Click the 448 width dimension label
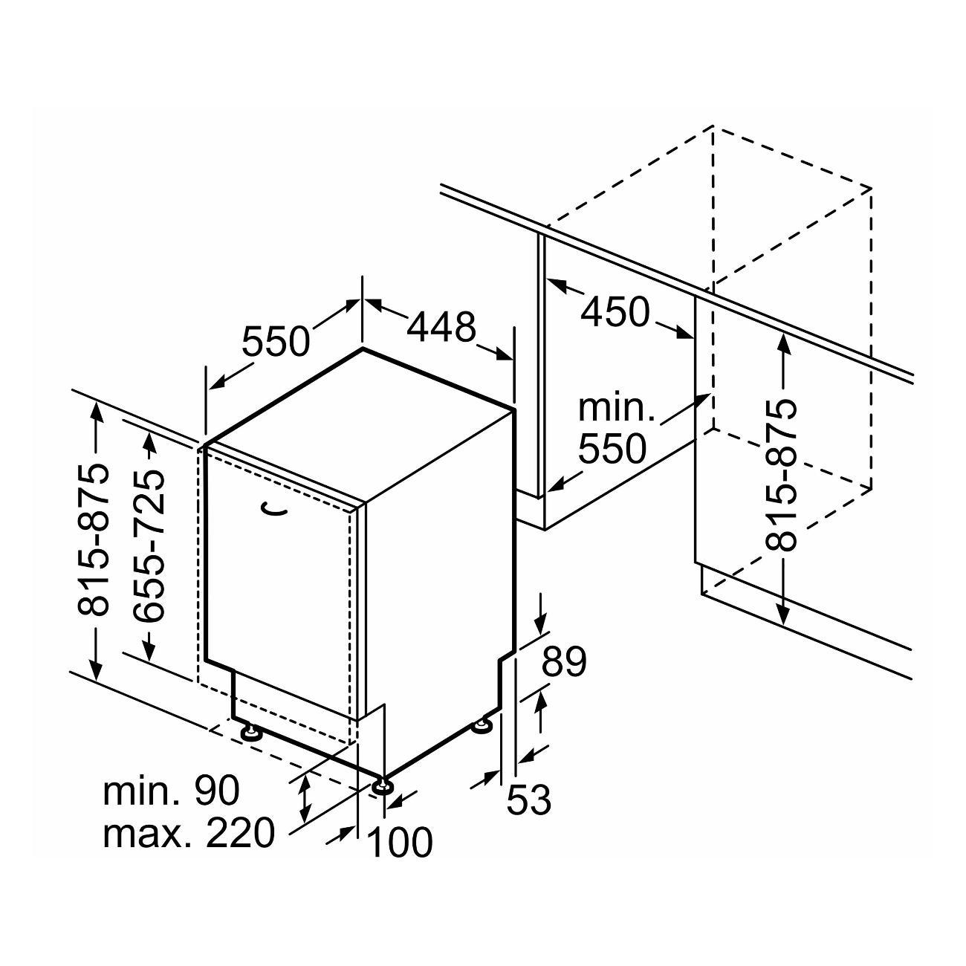(x=441, y=328)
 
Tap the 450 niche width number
(x=615, y=312)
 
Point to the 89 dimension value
(x=563, y=662)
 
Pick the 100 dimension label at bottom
(x=400, y=842)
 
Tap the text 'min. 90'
(x=171, y=791)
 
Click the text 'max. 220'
(x=189, y=833)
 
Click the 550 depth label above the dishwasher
(x=276, y=341)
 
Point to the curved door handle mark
(x=274, y=509)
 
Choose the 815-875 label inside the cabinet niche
(x=781, y=476)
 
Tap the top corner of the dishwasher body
(x=363, y=348)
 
